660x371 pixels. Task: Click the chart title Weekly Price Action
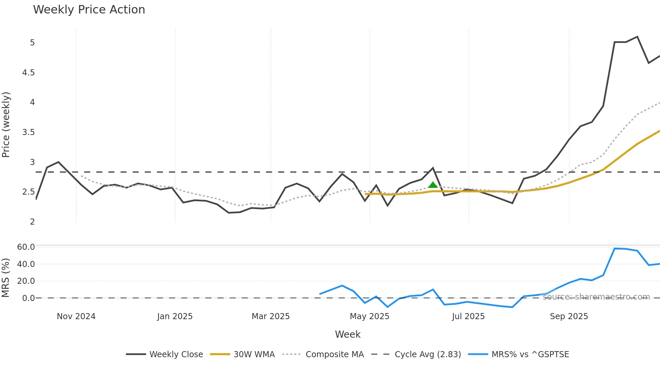(89, 10)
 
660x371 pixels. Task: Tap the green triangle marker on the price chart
(433, 185)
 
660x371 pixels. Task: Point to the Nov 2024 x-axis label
(76, 316)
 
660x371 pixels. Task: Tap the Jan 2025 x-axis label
(175, 316)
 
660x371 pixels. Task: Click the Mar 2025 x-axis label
(271, 316)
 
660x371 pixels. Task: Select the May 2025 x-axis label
(369, 316)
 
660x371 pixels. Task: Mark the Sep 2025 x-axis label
(569, 316)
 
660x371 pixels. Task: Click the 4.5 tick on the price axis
(28, 73)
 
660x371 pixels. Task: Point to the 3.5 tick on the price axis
(28, 132)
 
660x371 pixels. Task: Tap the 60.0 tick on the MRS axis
(26, 247)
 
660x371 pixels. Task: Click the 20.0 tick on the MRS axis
(26, 281)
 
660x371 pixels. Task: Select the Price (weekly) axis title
(6, 125)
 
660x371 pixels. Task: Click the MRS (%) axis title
(5, 278)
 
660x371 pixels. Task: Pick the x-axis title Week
(348, 334)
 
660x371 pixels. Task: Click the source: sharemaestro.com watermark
(596, 297)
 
